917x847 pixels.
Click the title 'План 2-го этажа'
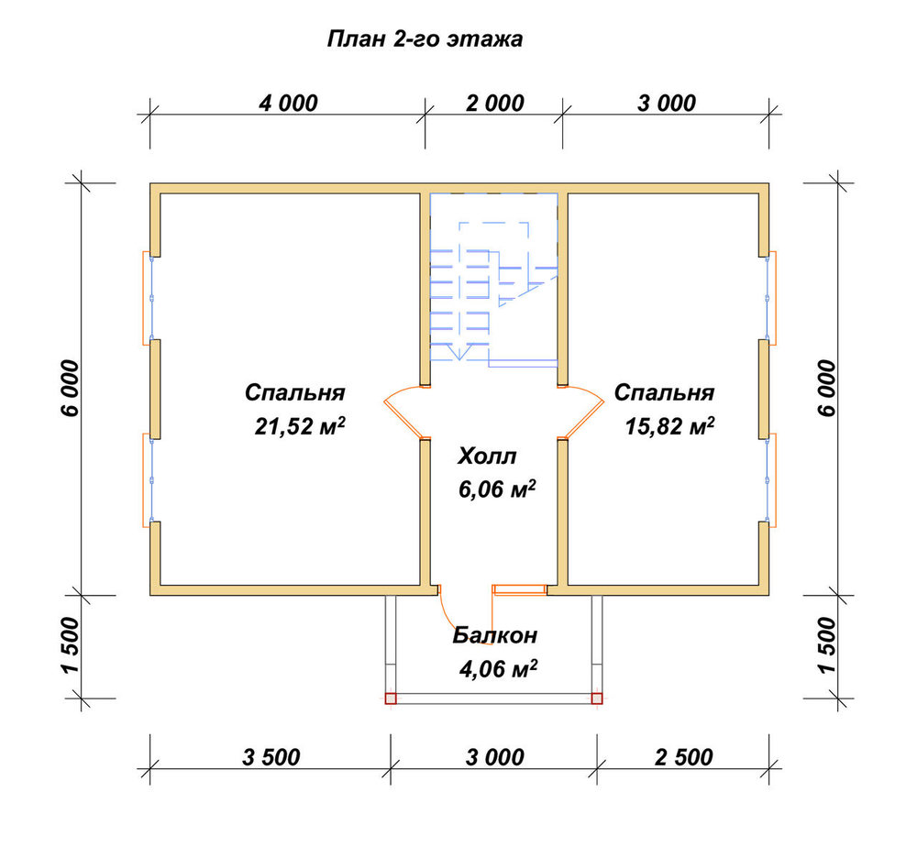coord(425,39)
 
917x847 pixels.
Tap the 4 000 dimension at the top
coord(288,104)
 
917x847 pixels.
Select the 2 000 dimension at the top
coord(495,104)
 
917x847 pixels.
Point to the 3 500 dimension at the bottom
coord(271,757)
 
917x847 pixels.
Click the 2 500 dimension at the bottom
coord(684,757)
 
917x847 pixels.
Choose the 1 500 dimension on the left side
coord(70,645)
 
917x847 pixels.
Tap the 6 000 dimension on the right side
coord(827,388)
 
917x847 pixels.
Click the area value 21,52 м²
coord(300,426)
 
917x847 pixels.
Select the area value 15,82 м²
coord(669,426)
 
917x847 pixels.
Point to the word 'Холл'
coord(487,456)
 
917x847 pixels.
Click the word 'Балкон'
coord(495,635)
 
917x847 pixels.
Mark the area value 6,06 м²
coord(497,489)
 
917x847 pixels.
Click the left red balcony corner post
coord(391,698)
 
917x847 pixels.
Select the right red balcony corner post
coord(597,698)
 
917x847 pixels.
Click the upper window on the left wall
coord(148,298)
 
